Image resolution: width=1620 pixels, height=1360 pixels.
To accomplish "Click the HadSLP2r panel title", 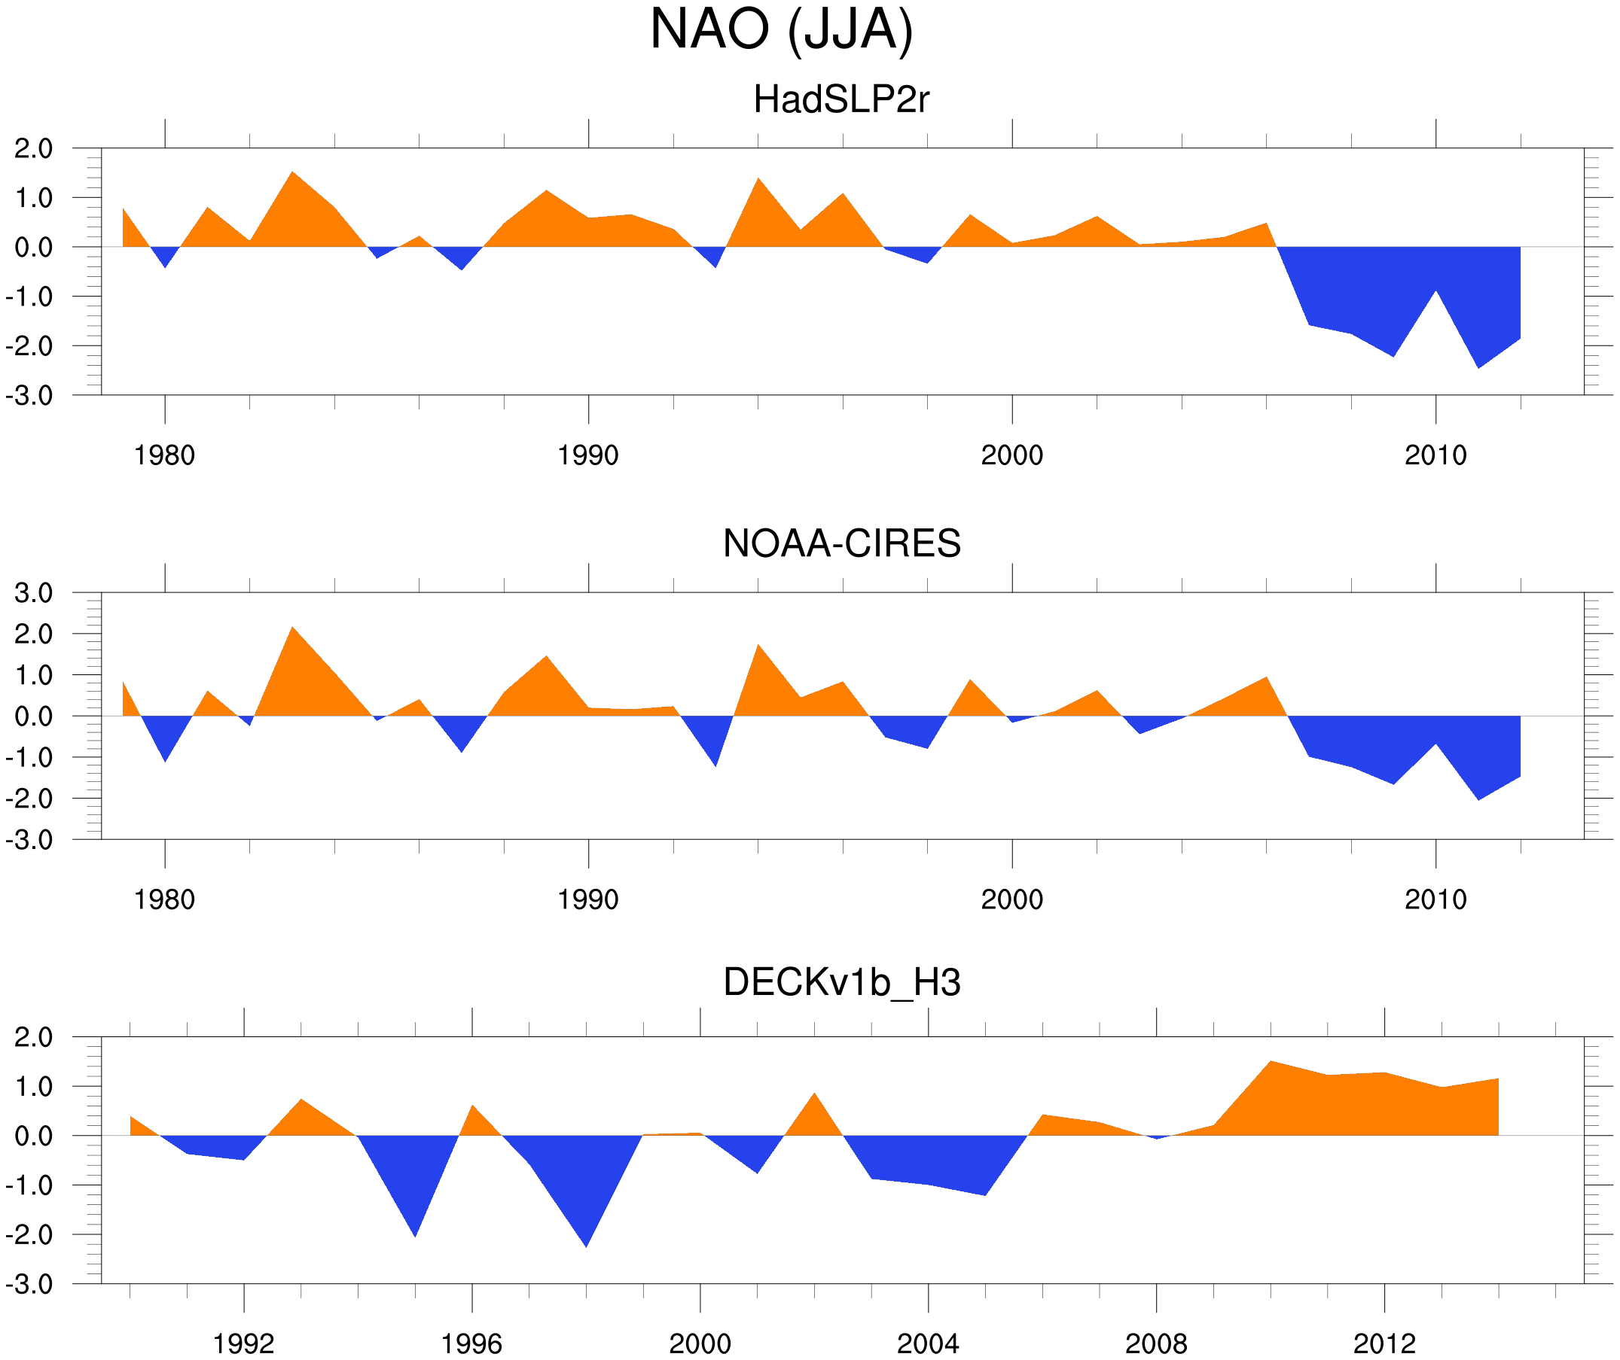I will [x=841, y=100].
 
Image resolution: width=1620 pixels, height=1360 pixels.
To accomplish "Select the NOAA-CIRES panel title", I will [x=841, y=544].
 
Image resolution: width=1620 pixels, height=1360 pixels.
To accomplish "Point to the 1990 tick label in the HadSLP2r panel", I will [x=588, y=455].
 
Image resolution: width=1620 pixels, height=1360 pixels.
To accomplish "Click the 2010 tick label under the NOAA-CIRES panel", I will [x=1435, y=899].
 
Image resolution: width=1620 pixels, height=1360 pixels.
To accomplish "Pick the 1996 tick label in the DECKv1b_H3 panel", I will [x=471, y=1343].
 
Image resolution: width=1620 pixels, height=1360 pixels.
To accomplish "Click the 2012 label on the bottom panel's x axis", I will [x=1384, y=1343].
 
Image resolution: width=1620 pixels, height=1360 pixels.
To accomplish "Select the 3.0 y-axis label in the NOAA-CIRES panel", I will [x=34, y=594].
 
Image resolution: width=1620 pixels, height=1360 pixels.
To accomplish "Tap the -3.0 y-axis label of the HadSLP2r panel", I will [x=29, y=397].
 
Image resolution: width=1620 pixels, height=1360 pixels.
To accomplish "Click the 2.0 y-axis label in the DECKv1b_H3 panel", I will [x=34, y=1038].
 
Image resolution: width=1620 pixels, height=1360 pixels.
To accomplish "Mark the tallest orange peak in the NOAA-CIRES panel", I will [x=292, y=629].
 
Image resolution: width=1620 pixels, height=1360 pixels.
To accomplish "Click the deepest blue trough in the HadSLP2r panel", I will [x=1478, y=367].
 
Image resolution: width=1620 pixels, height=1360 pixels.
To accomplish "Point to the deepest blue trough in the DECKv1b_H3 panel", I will [x=586, y=1244].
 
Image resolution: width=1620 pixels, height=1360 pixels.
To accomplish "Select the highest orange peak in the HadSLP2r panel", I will [x=292, y=173].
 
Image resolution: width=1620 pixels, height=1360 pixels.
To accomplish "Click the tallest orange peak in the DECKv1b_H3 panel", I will [x=1271, y=1064].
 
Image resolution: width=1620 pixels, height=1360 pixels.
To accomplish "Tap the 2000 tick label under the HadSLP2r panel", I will [x=1011, y=455].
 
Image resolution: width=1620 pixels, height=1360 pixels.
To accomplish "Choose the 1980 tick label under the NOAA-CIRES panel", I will [x=164, y=899].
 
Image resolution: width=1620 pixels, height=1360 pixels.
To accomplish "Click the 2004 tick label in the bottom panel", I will [x=927, y=1343].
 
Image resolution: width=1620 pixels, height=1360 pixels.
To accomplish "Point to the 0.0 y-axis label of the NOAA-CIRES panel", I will [x=34, y=717].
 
